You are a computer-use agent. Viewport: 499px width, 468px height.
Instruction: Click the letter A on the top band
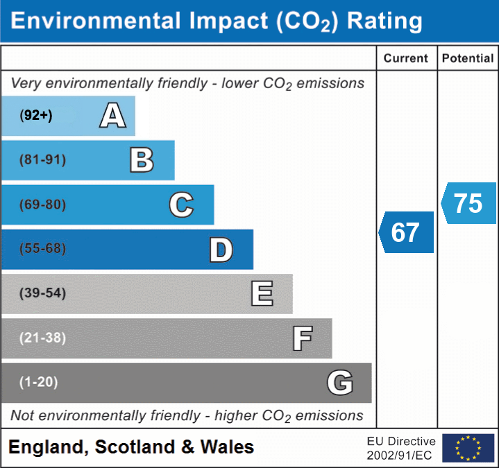(x=112, y=116)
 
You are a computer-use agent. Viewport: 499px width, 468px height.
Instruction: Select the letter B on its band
(x=142, y=160)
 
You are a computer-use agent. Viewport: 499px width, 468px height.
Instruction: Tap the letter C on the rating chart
(x=181, y=205)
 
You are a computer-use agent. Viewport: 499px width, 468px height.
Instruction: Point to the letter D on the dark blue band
(x=221, y=250)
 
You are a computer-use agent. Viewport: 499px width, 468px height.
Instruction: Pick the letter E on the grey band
(x=261, y=294)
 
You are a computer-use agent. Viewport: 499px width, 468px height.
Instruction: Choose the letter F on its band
(x=301, y=338)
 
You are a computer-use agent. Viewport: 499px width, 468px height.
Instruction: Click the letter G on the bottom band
(x=340, y=383)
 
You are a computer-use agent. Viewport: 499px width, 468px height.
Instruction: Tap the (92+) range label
(x=36, y=116)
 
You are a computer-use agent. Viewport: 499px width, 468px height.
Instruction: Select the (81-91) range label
(x=42, y=160)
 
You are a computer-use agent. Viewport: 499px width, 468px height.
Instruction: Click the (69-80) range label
(x=42, y=205)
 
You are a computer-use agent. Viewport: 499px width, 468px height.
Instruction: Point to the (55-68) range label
(x=42, y=249)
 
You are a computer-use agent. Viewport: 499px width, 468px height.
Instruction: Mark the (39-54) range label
(x=42, y=293)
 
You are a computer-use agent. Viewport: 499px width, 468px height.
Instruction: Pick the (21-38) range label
(x=42, y=338)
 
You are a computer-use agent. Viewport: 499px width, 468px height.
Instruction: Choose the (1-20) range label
(x=39, y=382)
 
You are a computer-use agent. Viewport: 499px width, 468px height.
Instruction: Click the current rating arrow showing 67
(x=407, y=232)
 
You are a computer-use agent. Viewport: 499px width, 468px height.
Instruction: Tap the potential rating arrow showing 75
(x=469, y=203)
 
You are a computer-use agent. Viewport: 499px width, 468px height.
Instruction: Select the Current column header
(x=406, y=59)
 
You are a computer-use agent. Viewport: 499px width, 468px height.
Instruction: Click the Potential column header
(x=468, y=59)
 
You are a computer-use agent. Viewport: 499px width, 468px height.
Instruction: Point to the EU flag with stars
(x=468, y=448)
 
